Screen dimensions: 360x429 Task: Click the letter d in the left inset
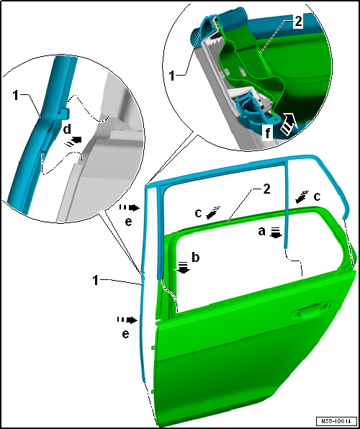[x=68, y=130]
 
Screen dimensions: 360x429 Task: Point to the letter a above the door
[x=262, y=232]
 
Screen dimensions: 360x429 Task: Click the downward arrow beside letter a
[x=276, y=232]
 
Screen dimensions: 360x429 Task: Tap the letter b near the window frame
[x=195, y=258]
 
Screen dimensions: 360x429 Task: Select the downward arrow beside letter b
[x=183, y=268]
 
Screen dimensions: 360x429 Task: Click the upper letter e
[x=128, y=222]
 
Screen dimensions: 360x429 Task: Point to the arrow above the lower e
[x=127, y=320]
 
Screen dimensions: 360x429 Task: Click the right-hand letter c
[x=317, y=197]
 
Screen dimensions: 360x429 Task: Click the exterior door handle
[x=311, y=310]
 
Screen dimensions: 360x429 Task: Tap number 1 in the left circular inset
[x=16, y=96]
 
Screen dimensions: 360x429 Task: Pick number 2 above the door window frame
[x=266, y=189]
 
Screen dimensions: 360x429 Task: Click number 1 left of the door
[x=96, y=281]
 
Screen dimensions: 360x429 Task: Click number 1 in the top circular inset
[x=172, y=76]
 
